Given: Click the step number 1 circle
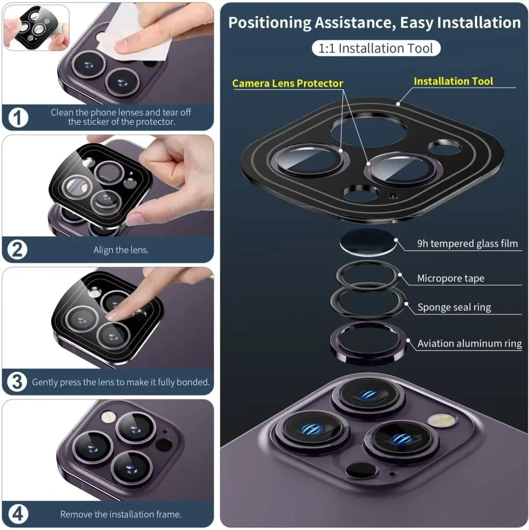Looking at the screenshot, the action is pos(18,118).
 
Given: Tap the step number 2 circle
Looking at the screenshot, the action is pos(17,250).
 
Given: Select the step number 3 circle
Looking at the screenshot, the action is pos(17,382).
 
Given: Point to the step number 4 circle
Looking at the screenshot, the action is pos(18,514).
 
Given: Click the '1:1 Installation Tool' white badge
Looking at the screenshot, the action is pos(376,48).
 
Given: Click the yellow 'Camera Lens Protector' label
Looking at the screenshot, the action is pos(288,83).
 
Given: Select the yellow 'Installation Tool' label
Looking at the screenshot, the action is pos(453,81).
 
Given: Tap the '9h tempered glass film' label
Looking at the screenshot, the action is pos(467,243).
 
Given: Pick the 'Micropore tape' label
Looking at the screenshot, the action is pos(451,278).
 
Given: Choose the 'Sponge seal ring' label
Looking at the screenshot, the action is pos(454,307).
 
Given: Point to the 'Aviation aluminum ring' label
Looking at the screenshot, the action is pos(470,344).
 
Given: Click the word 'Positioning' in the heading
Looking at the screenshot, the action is pos(269,23).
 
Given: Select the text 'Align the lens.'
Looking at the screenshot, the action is pos(121,250).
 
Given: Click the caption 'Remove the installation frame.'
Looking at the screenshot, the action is pos(121,514).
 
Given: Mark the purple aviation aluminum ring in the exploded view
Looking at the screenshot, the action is pos(369,357).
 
